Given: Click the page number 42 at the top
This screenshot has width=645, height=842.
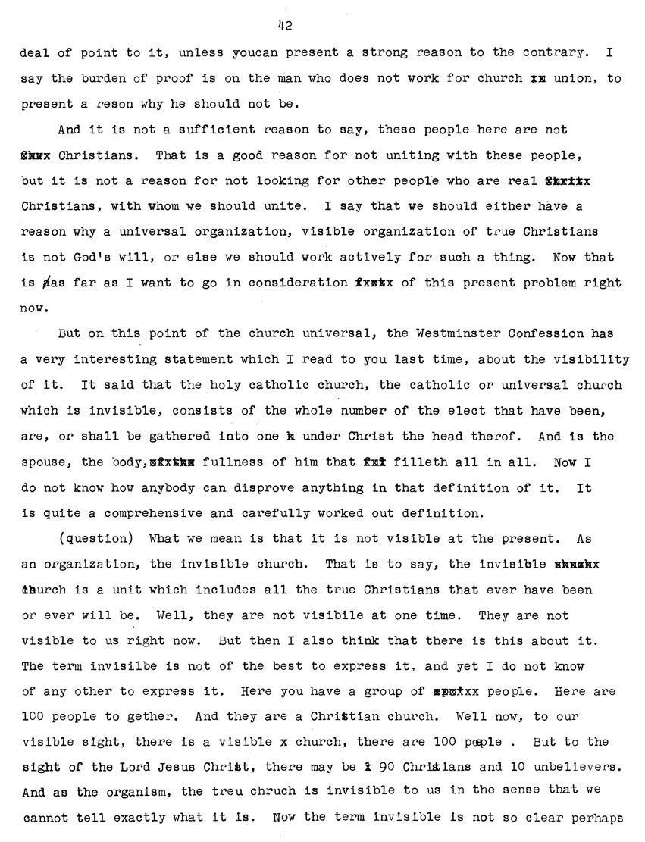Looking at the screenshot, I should pyautogui.click(x=285, y=25).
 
